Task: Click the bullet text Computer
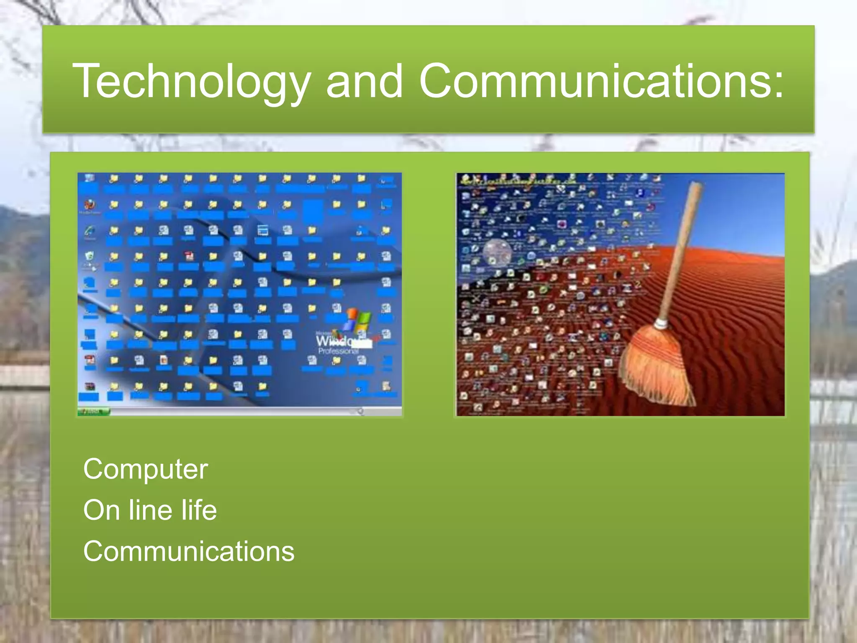[145, 469]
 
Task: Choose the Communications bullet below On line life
[189, 551]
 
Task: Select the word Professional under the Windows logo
[337, 351]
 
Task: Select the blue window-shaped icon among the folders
[263, 230]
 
